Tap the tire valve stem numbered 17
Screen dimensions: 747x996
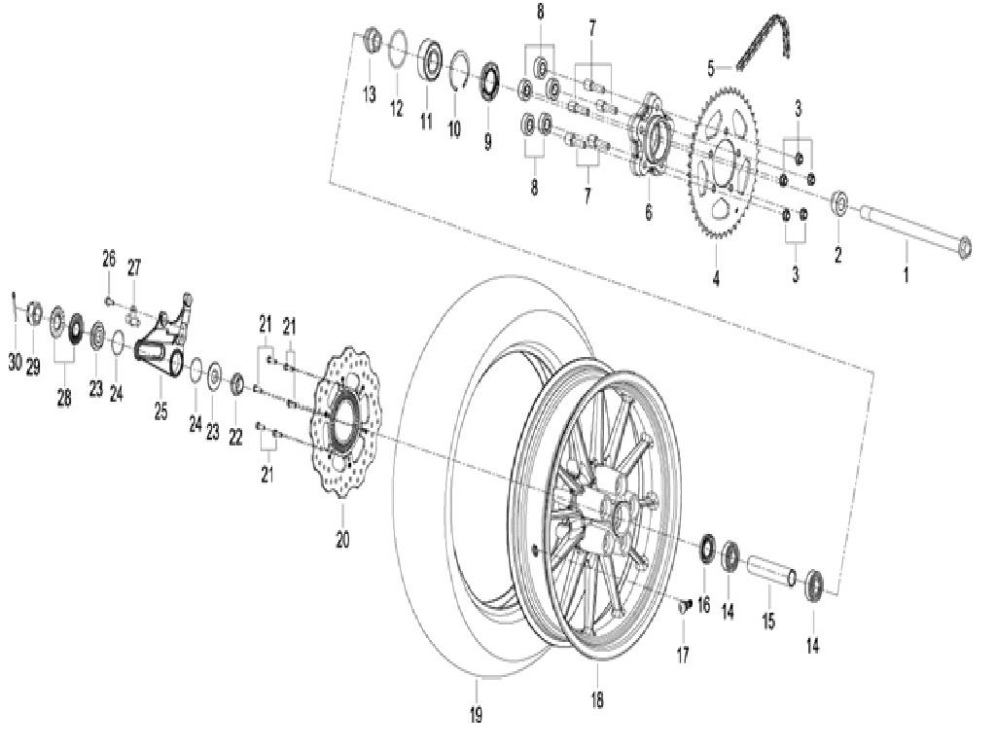point(684,606)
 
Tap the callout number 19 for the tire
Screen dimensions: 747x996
point(476,716)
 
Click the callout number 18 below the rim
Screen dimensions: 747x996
point(596,699)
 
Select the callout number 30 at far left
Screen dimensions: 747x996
point(15,362)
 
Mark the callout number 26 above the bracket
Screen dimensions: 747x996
point(109,259)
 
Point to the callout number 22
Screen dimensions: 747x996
point(235,439)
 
